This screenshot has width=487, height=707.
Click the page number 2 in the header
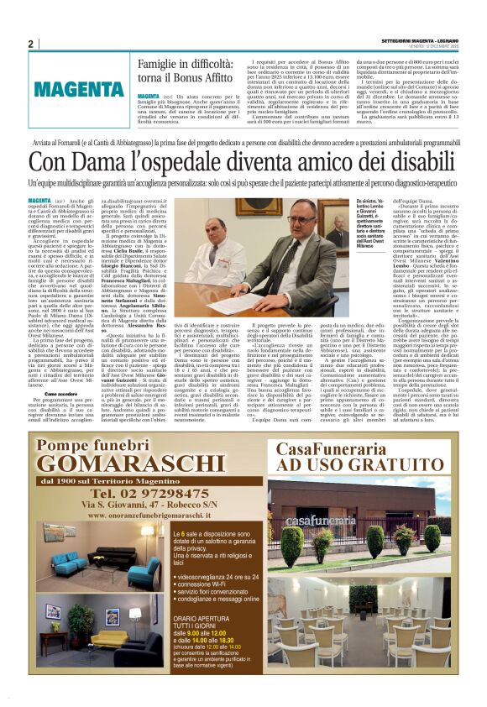30,44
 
